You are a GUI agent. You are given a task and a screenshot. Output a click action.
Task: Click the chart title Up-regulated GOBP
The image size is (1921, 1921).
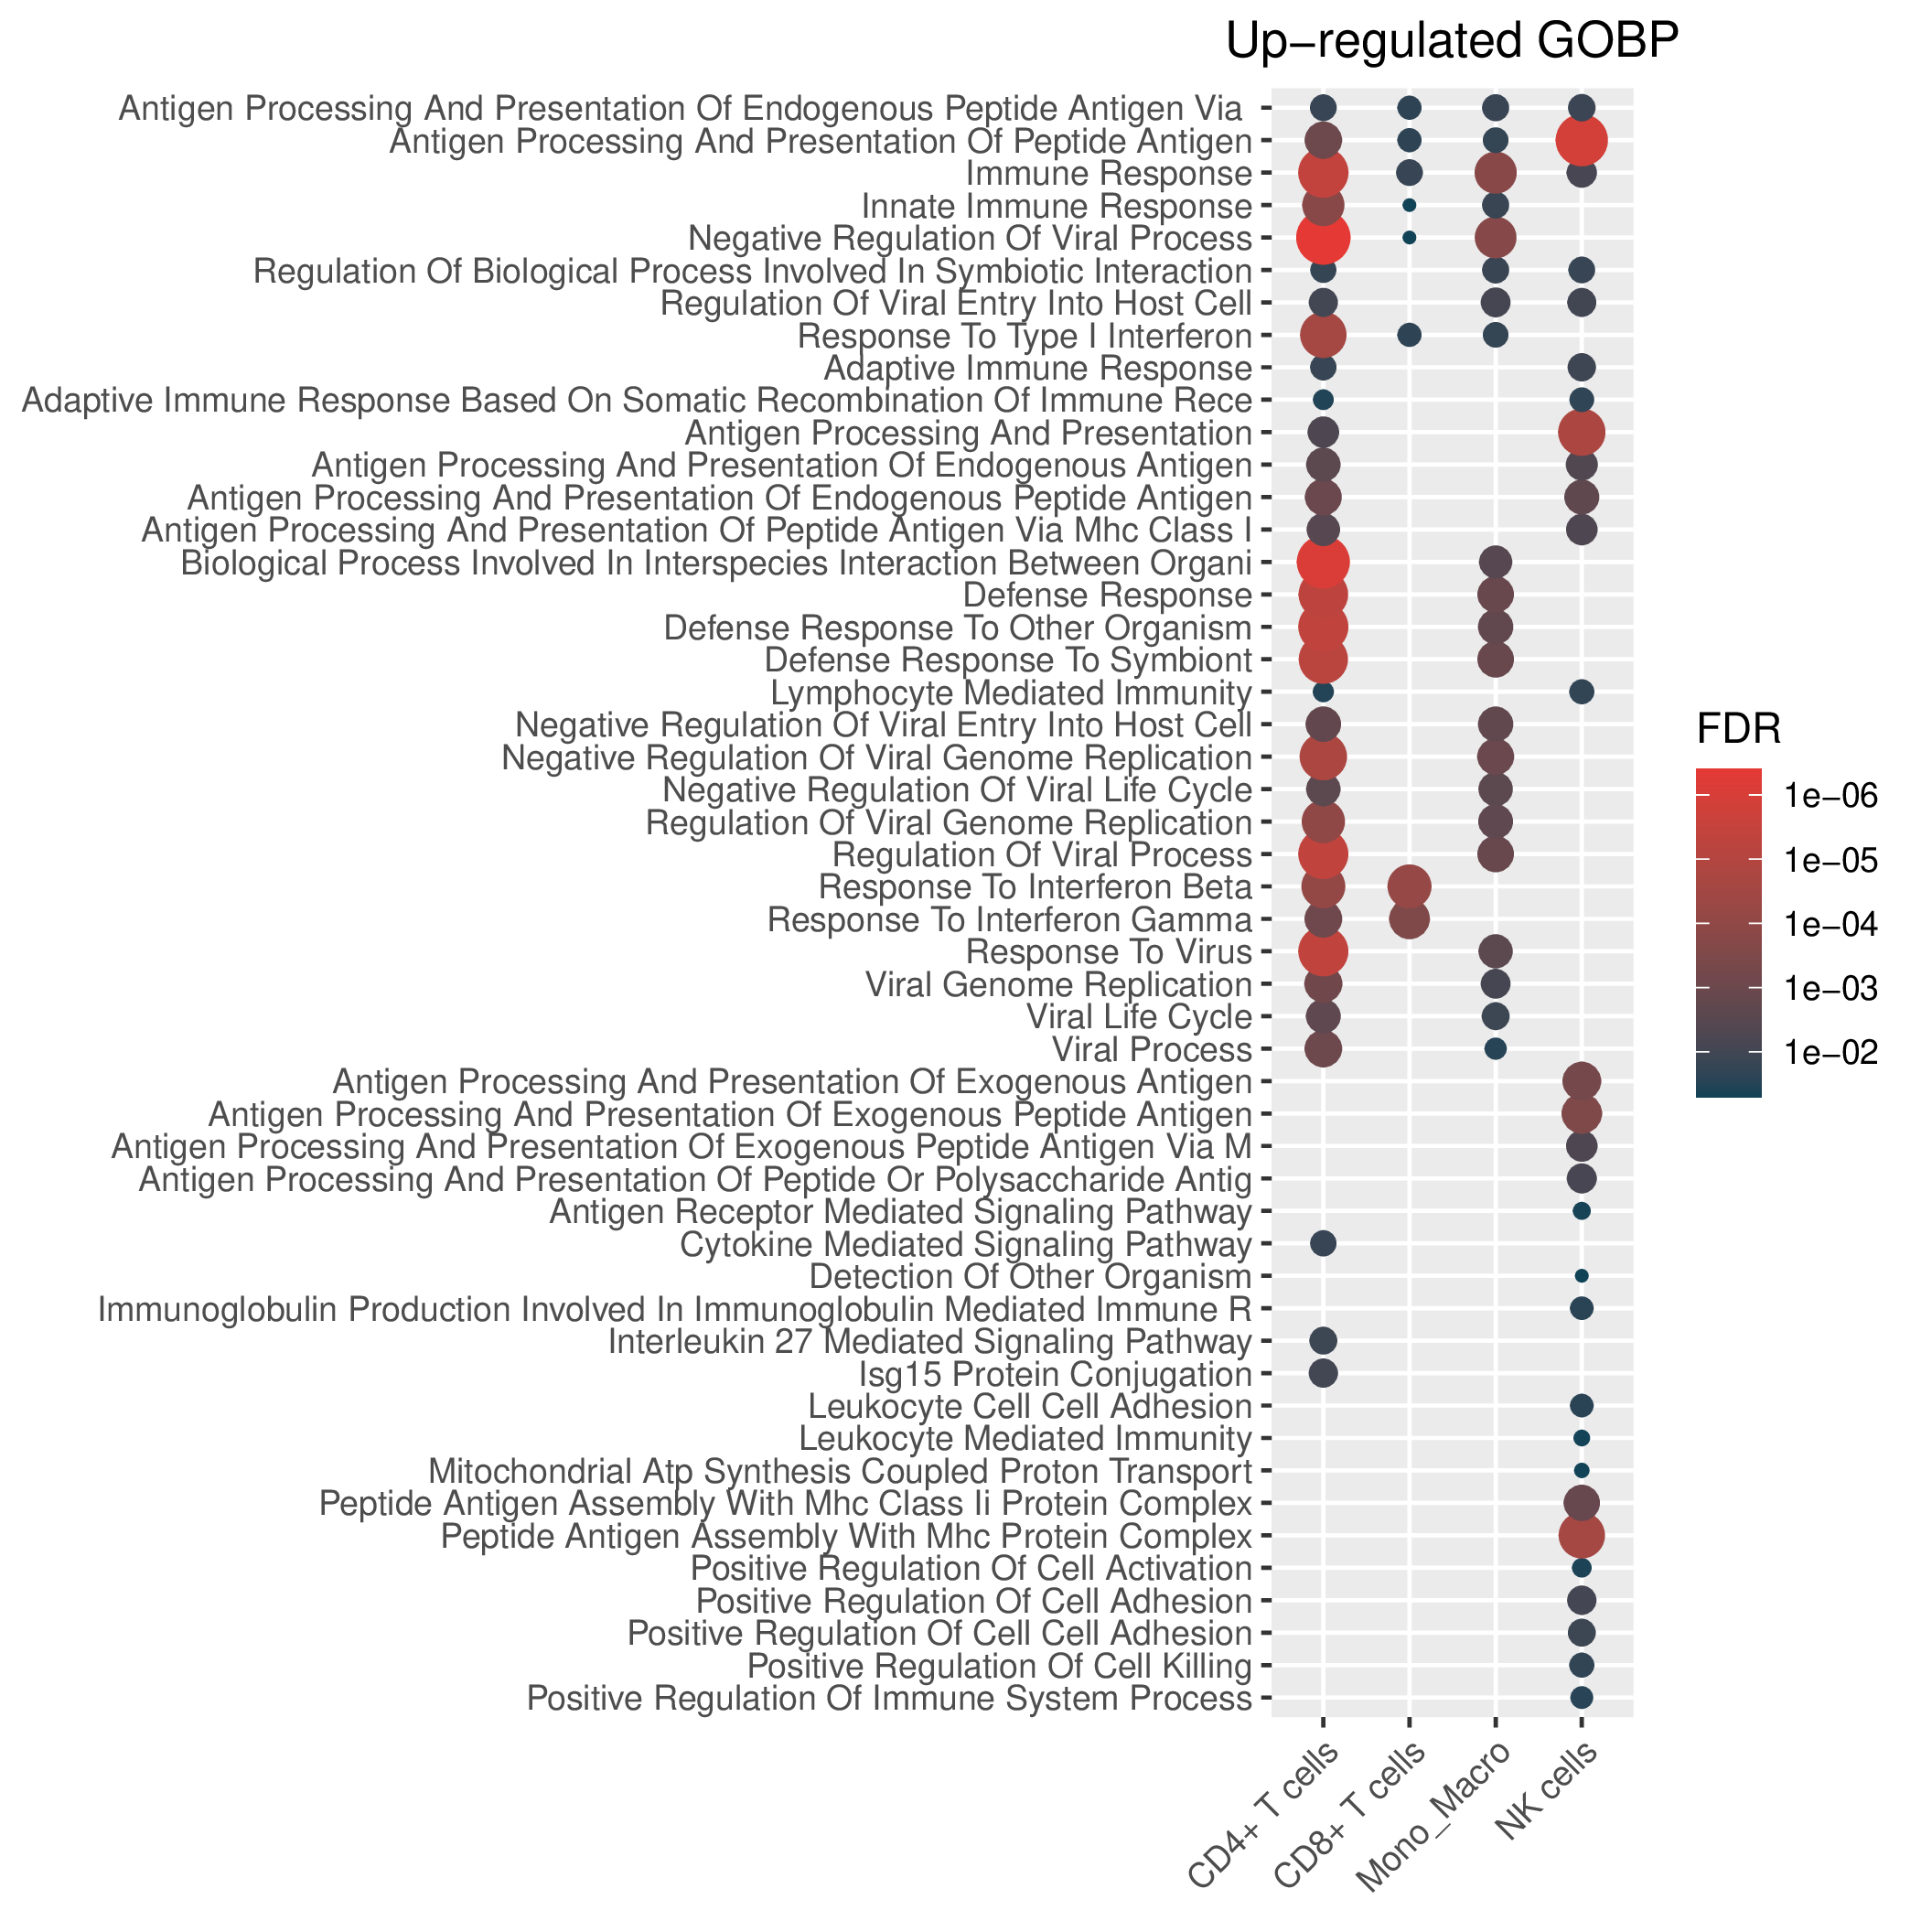[x=1453, y=43]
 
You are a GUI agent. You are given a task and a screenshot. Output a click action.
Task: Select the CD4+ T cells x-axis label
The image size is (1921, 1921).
[x=1266, y=1828]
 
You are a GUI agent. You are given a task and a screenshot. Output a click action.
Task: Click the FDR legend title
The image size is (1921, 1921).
[x=1738, y=730]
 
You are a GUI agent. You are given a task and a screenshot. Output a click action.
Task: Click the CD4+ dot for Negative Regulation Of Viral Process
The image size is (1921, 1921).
[x=1324, y=238]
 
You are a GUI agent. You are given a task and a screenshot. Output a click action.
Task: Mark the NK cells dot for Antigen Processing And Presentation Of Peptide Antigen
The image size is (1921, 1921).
[x=1582, y=140]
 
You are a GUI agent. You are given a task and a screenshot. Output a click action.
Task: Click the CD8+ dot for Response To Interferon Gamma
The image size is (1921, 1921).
[x=1409, y=918]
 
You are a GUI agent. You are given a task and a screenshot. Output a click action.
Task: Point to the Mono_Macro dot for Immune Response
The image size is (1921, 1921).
[x=1496, y=173]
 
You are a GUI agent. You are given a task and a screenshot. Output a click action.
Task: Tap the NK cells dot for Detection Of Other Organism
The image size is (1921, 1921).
[x=1582, y=1276]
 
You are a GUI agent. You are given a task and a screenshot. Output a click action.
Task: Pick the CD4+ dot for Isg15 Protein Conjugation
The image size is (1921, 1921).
[x=1324, y=1373]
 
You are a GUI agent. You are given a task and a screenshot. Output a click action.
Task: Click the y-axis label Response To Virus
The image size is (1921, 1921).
[x=1109, y=952]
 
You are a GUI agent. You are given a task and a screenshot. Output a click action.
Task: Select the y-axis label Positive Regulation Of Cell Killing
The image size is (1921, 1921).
[x=999, y=1666]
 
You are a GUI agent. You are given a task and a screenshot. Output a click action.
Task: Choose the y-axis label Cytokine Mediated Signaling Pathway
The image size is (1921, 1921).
[x=965, y=1244]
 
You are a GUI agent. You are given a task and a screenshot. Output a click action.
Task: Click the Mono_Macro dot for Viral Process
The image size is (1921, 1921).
[x=1496, y=1048]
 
